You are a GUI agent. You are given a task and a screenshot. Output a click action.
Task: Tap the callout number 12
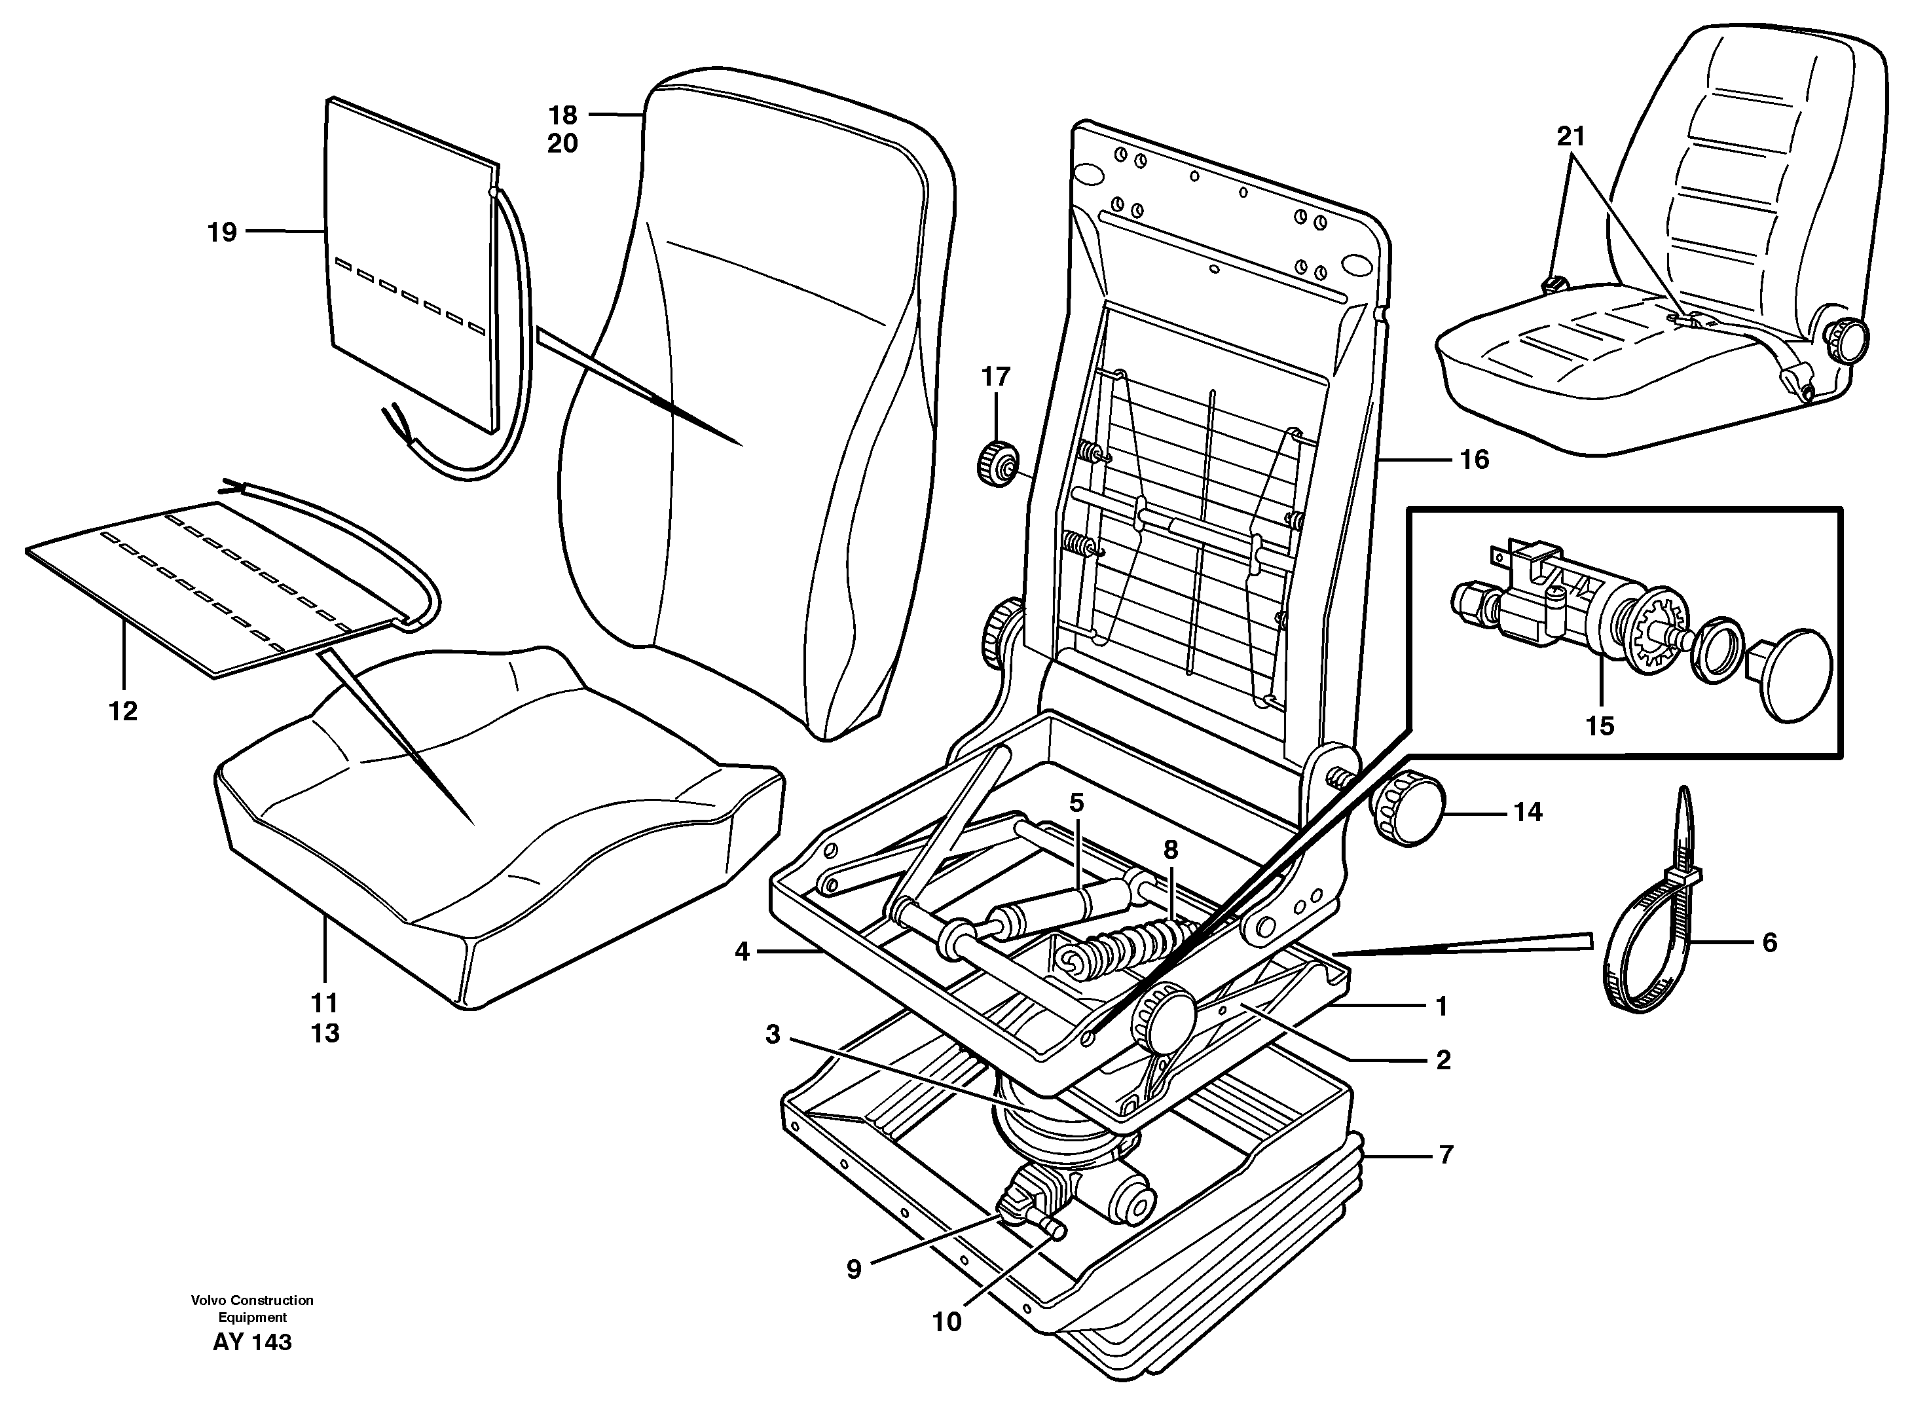123,711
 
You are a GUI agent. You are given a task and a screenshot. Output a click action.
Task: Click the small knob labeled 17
995,464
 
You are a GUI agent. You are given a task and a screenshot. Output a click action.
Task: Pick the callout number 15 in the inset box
1599,726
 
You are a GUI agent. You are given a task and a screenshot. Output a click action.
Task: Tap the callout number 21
1570,136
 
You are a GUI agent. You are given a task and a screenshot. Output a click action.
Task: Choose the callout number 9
853,1270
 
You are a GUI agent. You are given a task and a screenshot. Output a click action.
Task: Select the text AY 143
252,1342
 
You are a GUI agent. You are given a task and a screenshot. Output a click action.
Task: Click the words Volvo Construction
252,1300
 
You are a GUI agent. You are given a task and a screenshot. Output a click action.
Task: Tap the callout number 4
742,951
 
